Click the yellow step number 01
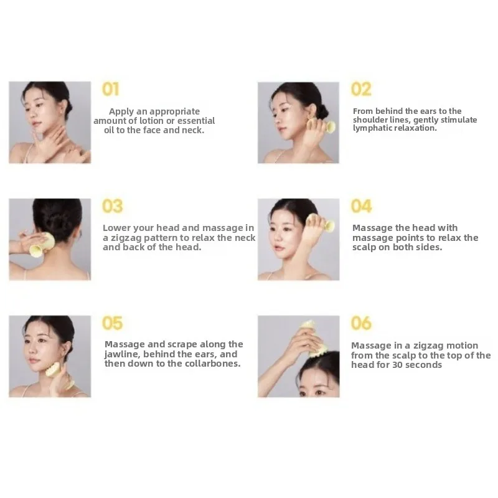110,90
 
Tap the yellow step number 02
361,90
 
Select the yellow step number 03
113,206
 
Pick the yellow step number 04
362,206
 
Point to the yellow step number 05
113,323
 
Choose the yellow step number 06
362,323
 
